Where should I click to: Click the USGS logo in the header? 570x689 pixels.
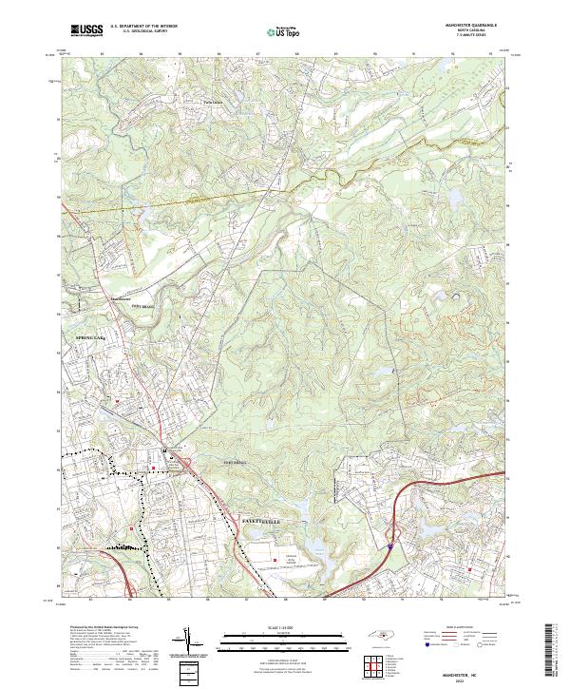87,31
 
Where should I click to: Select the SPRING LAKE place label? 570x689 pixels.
82,336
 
